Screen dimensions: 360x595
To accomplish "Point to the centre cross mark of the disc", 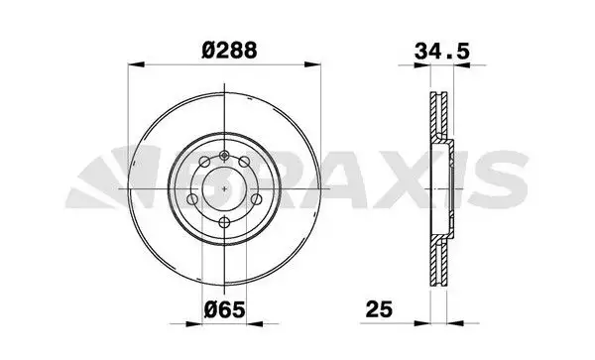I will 226,185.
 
